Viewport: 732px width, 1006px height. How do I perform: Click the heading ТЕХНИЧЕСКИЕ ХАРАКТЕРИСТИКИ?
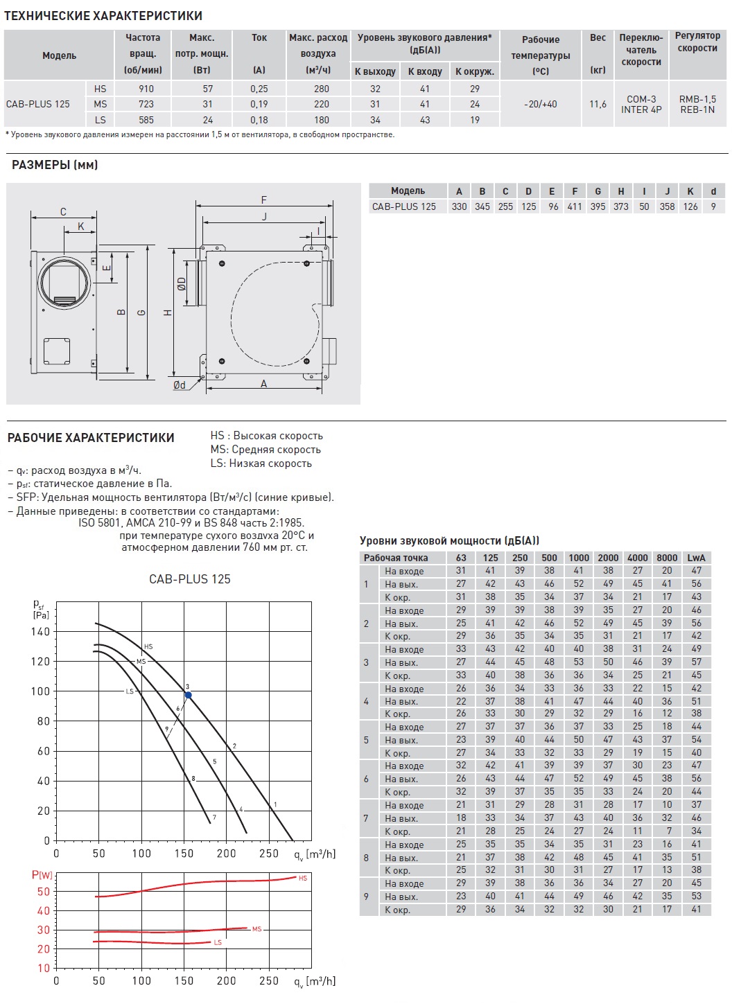pos(103,15)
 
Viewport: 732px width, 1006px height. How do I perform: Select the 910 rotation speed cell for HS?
pos(146,89)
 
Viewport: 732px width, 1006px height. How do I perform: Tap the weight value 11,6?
pos(598,104)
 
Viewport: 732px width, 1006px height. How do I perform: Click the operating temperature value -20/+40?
pos(541,104)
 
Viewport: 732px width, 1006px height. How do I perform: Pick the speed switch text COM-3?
pos(641,99)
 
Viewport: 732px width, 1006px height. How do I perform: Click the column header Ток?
pos(259,37)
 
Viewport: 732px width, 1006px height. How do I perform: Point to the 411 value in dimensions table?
pos(575,206)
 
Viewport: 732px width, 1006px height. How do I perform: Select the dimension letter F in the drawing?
pos(264,200)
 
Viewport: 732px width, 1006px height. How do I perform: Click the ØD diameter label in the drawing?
pos(182,283)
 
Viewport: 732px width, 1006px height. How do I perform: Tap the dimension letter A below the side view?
pos(263,384)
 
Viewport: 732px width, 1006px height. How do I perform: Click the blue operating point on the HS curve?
pos(188,695)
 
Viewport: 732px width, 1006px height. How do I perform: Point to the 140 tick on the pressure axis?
pos(40,631)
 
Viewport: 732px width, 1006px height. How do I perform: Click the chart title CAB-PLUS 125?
pos(190,579)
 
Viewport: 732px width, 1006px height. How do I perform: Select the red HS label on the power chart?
pos(303,878)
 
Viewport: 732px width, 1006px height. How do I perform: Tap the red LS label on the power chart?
pos(218,942)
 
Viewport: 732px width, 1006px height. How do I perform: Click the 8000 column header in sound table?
pos(667,558)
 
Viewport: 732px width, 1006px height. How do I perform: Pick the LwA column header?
pos(696,558)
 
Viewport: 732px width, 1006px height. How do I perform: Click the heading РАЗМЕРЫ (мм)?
pos(55,165)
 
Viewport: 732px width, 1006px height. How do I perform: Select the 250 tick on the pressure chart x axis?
pos(269,854)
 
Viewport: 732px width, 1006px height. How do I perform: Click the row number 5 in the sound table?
pos(366,740)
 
